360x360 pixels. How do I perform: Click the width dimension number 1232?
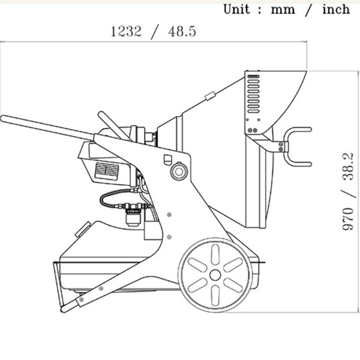[x=126, y=31]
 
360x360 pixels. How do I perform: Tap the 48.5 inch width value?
[x=182, y=31]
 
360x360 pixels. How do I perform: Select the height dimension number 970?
[x=348, y=218]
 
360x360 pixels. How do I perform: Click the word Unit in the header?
[x=236, y=10]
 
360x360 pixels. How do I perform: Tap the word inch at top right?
[x=336, y=10]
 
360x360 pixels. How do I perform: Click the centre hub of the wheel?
[x=215, y=275]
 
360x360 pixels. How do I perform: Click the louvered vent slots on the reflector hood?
[x=253, y=94]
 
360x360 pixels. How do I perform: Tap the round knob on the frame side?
[x=179, y=171]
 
